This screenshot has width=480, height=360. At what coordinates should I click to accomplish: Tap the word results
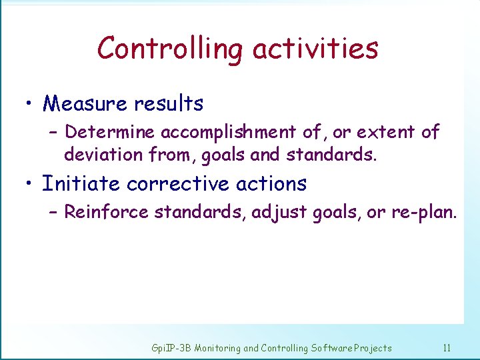click(x=169, y=104)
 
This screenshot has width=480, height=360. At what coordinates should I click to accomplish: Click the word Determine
click(x=111, y=132)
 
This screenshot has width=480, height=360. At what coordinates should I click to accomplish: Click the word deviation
click(x=103, y=155)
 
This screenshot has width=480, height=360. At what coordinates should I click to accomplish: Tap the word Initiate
click(x=81, y=183)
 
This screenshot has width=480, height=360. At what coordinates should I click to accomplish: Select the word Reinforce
click(x=107, y=212)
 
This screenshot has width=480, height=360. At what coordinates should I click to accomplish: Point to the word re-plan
click(x=424, y=213)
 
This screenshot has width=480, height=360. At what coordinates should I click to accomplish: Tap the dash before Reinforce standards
click(x=53, y=212)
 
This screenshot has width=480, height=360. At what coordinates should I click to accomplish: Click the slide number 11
click(x=447, y=347)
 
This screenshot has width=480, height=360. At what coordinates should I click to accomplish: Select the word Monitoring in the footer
click(x=217, y=348)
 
